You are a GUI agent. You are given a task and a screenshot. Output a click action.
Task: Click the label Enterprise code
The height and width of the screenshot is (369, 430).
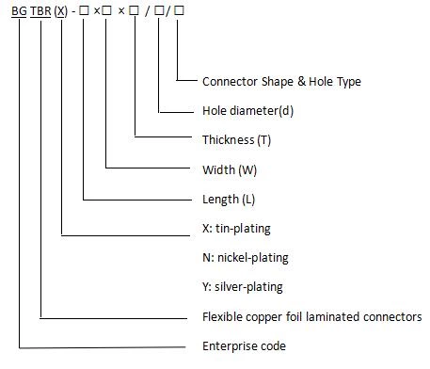pos(244,346)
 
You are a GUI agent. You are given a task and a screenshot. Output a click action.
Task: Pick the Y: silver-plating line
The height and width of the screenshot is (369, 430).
pos(243,286)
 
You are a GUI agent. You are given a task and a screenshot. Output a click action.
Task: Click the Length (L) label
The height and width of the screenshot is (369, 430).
pos(229,200)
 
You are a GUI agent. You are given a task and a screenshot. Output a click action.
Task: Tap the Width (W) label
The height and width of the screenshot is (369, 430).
pos(229,170)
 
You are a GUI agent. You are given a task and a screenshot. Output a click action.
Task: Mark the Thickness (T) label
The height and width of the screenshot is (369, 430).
pos(236,140)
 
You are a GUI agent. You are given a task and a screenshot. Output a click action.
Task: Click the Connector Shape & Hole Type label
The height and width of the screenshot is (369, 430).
pos(281,82)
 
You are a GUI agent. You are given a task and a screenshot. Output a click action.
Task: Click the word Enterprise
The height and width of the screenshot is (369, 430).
pos(230,346)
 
